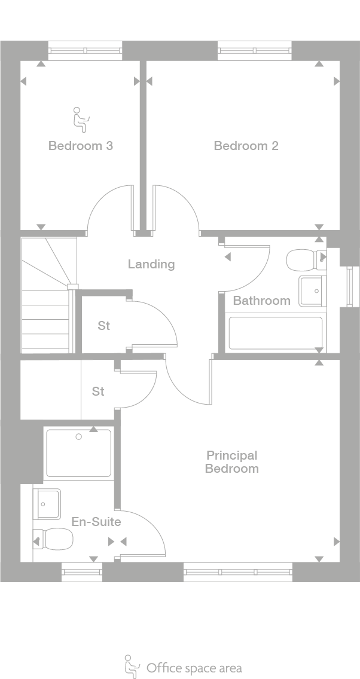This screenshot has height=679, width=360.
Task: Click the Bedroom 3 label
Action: click(x=81, y=145)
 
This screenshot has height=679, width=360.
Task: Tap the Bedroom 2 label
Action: click(x=246, y=145)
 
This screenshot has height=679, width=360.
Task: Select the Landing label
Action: click(x=151, y=264)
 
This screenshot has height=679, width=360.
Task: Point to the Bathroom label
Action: click(x=261, y=300)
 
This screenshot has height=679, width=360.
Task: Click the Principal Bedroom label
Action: click(x=231, y=462)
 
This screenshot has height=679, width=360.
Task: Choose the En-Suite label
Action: click(x=96, y=522)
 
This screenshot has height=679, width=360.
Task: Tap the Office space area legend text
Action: click(x=194, y=667)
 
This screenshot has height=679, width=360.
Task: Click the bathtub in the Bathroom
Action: click(x=276, y=333)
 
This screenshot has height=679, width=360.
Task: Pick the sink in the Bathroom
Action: click(x=312, y=290)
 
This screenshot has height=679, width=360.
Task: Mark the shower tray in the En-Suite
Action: click(x=78, y=453)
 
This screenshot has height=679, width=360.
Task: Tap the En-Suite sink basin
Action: click(x=47, y=504)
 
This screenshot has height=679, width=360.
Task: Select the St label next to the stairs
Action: click(x=104, y=326)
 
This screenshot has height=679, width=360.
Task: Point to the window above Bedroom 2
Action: click(x=255, y=51)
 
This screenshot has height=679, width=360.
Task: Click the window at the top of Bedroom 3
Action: click(x=85, y=51)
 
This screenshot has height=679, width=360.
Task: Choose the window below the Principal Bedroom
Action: click(x=237, y=572)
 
